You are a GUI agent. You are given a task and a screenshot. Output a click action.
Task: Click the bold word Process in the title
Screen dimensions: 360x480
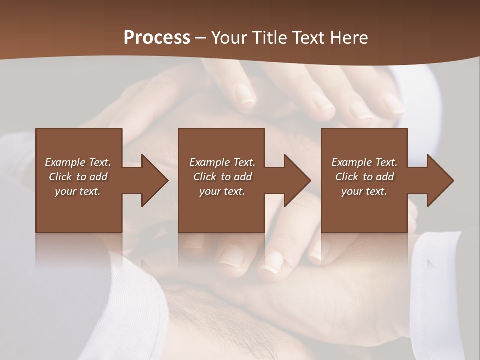pyautogui.click(x=157, y=37)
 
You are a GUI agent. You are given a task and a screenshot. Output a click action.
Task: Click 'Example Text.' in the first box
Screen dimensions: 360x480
pyautogui.click(x=78, y=162)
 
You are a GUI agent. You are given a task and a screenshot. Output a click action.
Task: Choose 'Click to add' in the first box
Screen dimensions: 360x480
pyautogui.click(x=78, y=177)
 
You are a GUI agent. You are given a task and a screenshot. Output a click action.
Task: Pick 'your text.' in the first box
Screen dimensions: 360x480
pyautogui.click(x=78, y=191)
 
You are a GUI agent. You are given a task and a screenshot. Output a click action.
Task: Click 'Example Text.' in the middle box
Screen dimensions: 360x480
pyautogui.click(x=222, y=162)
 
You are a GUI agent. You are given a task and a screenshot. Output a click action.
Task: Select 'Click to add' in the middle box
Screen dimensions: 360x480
pyautogui.click(x=222, y=177)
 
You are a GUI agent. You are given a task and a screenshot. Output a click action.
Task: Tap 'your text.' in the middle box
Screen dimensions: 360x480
pyautogui.click(x=222, y=191)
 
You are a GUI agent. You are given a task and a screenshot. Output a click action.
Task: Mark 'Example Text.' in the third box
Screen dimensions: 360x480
pyautogui.click(x=364, y=162)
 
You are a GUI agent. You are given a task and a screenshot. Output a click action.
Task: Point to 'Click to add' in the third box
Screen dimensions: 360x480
pyautogui.click(x=364, y=177)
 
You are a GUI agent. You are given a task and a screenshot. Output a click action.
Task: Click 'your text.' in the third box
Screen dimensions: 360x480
pyautogui.click(x=364, y=191)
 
